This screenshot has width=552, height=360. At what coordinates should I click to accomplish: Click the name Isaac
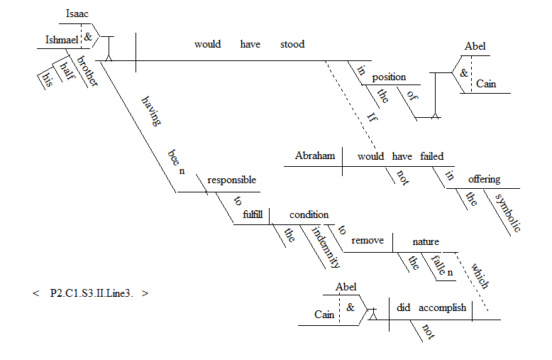tap(77, 13)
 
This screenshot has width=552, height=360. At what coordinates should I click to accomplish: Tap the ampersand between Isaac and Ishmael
tap(88, 33)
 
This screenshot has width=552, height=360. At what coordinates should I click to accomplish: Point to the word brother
tap(88, 70)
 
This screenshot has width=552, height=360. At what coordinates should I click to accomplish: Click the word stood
tap(292, 44)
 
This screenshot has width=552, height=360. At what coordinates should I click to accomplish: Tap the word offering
tap(483, 179)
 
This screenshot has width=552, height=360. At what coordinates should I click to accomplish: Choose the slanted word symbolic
tap(508, 212)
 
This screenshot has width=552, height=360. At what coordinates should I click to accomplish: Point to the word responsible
tap(231, 180)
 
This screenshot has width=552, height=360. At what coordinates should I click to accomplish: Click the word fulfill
tap(253, 214)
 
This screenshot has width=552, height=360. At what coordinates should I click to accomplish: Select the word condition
tap(309, 214)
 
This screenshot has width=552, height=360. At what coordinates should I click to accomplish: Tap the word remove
tap(367, 240)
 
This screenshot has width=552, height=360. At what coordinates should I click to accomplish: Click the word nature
tap(426, 241)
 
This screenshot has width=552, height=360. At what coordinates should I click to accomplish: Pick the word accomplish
tap(442, 307)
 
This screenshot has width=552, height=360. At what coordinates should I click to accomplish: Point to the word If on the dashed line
tap(372, 117)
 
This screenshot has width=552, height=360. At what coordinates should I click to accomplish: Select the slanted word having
tap(152, 111)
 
